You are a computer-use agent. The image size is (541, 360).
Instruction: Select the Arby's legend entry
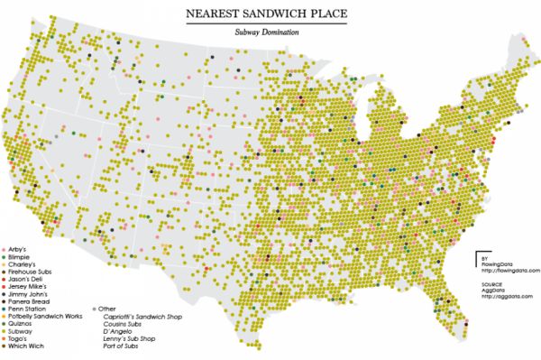21,248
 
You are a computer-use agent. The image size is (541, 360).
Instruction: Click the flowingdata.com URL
509,269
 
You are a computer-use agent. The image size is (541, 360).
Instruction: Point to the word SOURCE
491,283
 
